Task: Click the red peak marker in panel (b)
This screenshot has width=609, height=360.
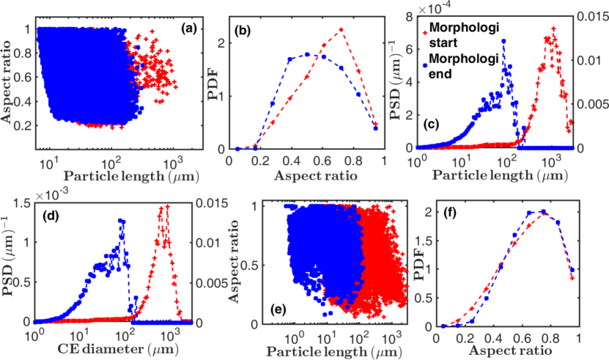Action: click(x=342, y=29)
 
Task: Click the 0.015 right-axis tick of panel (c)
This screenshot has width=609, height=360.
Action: click(x=594, y=20)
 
